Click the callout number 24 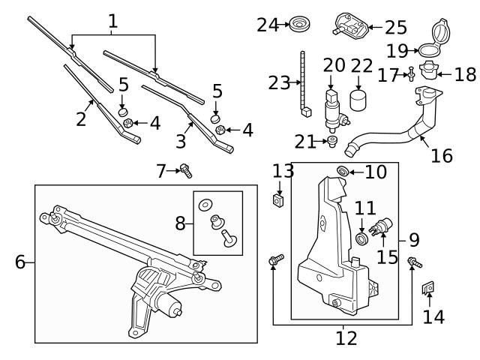click(x=267, y=25)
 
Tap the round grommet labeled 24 click(x=302, y=23)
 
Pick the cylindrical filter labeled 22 click(x=361, y=99)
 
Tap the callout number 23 click(x=279, y=83)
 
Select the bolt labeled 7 click(x=186, y=172)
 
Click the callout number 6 click(x=20, y=262)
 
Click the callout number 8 click(x=181, y=223)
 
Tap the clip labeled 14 click(x=428, y=289)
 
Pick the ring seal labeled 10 click(x=342, y=172)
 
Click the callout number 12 click(x=346, y=338)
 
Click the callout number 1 click(x=112, y=20)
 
